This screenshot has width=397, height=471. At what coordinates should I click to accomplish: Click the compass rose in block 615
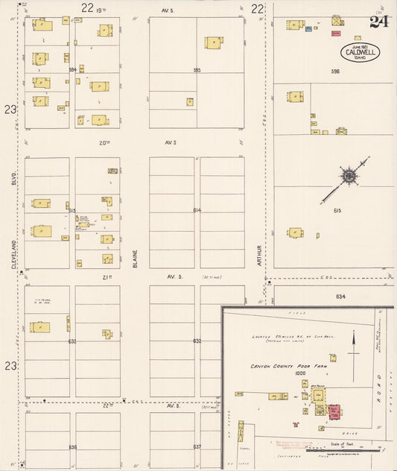[x=349, y=176]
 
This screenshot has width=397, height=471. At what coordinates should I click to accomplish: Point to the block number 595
[x=197, y=70]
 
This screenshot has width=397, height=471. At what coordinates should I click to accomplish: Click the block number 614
[x=197, y=210]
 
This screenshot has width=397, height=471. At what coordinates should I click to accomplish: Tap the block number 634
[x=340, y=297]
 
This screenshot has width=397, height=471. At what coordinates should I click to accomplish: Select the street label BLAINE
[x=135, y=257]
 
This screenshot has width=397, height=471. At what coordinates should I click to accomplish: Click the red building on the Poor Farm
[x=334, y=411]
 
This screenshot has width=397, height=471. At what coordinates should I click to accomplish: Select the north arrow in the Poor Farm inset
[x=354, y=344]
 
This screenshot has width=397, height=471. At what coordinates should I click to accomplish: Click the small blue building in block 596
[x=308, y=29]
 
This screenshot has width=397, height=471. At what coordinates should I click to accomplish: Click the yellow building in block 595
[x=213, y=43]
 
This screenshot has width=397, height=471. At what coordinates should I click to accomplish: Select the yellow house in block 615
[x=295, y=233]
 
